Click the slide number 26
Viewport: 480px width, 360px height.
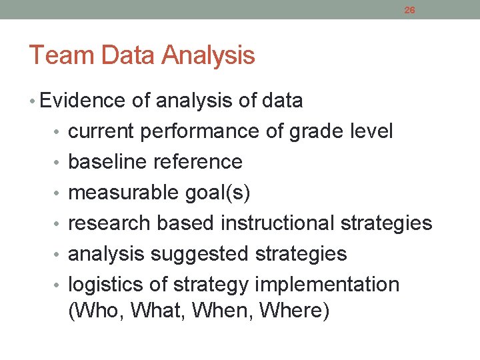[x=409, y=10]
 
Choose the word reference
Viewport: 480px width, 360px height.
[x=198, y=162]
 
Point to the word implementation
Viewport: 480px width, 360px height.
[x=327, y=285]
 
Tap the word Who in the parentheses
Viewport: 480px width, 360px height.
[x=96, y=311]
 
